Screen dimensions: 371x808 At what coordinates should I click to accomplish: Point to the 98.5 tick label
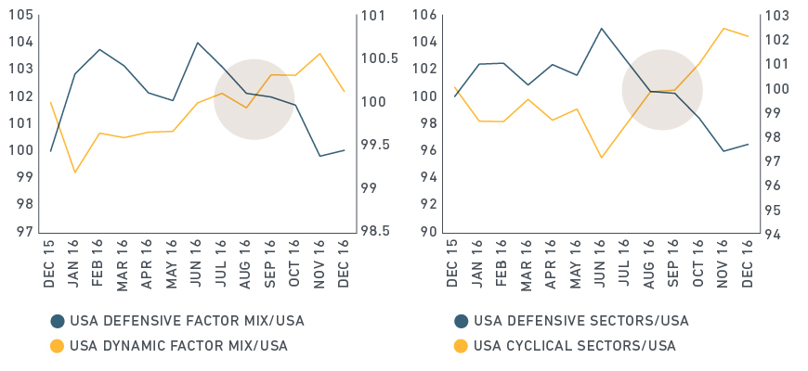click(x=376, y=232)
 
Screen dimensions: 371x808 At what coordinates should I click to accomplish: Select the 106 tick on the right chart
click(x=426, y=16)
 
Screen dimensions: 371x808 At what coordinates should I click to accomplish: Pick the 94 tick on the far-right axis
click(x=777, y=233)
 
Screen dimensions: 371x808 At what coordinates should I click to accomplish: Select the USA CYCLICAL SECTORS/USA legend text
click(x=575, y=346)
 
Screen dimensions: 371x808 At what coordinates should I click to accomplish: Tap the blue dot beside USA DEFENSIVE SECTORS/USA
click(x=461, y=322)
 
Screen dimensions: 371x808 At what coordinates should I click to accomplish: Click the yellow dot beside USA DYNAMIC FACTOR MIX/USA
click(x=57, y=346)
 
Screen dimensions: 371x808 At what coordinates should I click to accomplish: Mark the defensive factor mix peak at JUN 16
click(x=197, y=43)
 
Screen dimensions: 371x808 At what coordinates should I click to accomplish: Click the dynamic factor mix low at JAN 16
click(x=74, y=173)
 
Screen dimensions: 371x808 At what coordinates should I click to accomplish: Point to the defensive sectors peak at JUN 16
click(x=602, y=28)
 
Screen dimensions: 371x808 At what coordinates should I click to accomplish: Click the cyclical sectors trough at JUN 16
click(x=602, y=158)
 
